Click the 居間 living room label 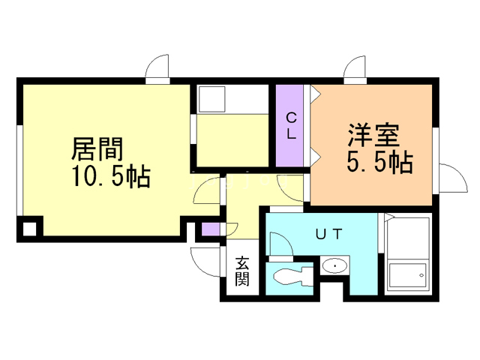pos(97,149)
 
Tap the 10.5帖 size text pos(111,177)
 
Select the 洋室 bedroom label pos(373,135)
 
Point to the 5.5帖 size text pos(380,163)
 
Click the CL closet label pos(292,126)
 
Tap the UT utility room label pos(328,235)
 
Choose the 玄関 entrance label pos(242,271)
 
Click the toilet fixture pos(293,277)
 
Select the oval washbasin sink pos(335,265)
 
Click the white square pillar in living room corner pos(29,229)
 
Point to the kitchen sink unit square pos(212,99)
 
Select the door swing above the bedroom pos(355,67)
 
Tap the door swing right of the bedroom pos(454,178)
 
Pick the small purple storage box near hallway pos(211,229)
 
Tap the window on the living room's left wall pos(19,170)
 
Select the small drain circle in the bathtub pos(421,275)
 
